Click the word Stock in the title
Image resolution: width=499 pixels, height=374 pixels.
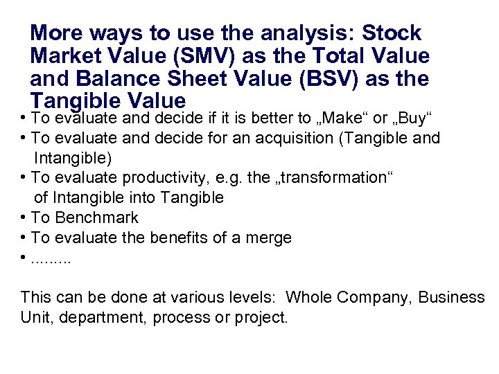[392, 33]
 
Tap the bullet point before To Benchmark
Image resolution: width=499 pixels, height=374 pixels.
[24, 217]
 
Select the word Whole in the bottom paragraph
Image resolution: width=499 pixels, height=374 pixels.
[308, 298]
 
